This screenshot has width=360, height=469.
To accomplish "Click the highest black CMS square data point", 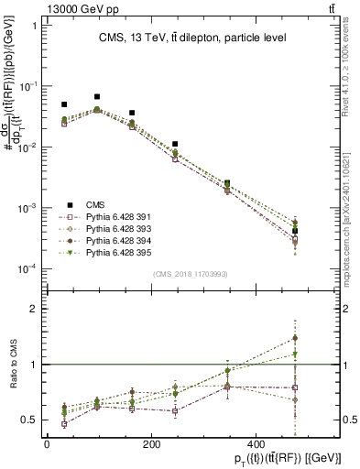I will (97, 96).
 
